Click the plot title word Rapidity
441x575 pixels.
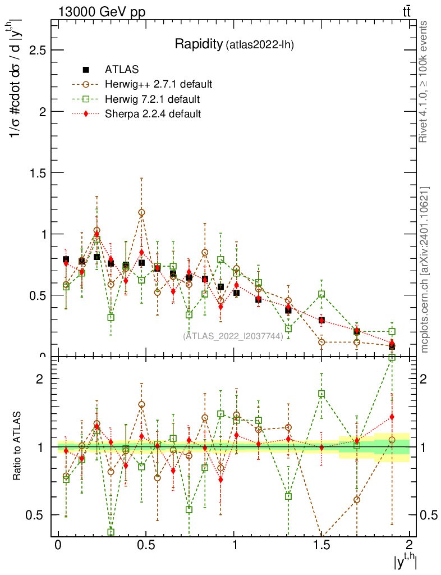tap(199, 44)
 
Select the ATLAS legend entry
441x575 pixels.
tap(122, 70)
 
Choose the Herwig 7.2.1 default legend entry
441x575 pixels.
tap(153, 99)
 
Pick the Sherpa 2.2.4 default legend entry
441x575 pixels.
tap(153, 114)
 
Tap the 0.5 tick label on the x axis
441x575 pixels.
tap(146, 545)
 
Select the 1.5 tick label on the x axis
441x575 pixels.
tap(321, 545)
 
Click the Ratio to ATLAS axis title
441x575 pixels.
tap(18, 447)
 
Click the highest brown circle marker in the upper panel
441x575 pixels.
tap(141, 212)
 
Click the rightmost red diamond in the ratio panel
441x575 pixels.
tap(392, 417)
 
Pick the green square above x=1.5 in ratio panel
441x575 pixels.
tap(321, 394)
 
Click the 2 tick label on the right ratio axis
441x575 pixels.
tap(425, 378)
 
